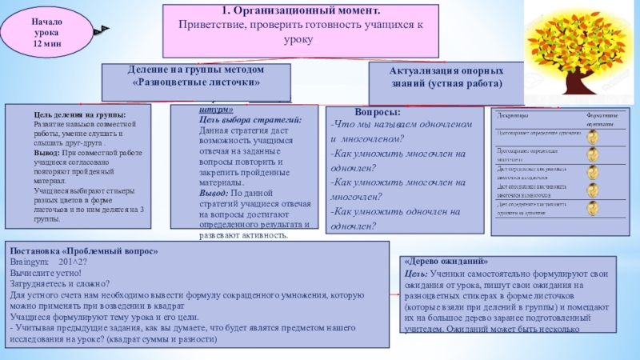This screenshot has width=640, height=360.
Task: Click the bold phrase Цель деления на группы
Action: [78, 114]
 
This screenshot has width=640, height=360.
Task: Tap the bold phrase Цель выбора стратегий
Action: [250, 119]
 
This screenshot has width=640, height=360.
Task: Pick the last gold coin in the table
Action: [593, 210]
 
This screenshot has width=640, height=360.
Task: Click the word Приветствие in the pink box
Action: [211, 25]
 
